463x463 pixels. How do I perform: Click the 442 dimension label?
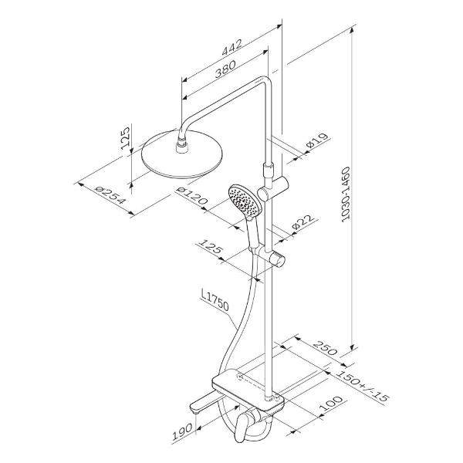point(231,47)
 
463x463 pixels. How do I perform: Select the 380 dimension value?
point(225,69)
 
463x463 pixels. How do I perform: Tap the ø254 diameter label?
point(110,195)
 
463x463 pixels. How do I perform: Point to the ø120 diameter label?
point(192,196)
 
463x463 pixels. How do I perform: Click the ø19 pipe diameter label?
point(317,140)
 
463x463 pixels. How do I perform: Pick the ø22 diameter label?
point(302,222)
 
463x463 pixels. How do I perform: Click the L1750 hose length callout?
point(215,301)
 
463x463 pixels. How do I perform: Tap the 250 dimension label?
point(325,348)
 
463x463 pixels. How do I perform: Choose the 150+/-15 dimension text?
point(362,386)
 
